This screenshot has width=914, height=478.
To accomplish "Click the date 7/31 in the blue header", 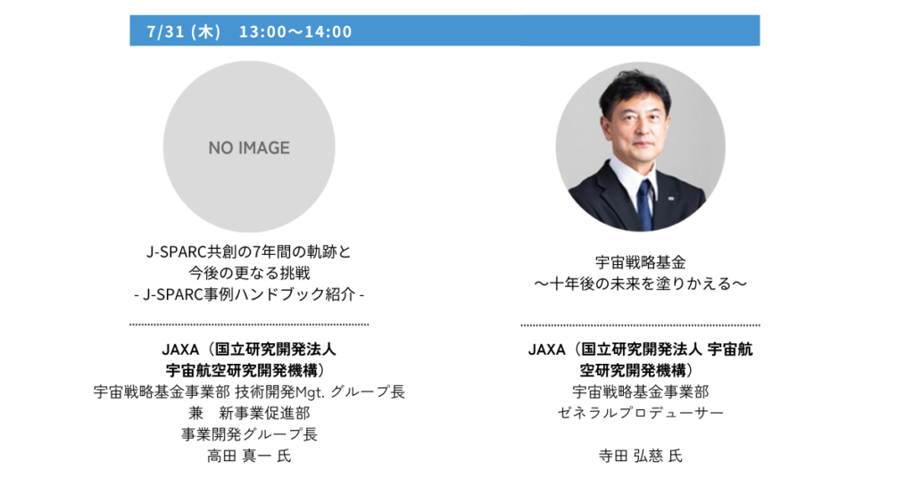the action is pyautogui.click(x=165, y=31).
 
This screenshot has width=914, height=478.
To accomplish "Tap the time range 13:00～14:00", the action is pyautogui.click(x=295, y=31).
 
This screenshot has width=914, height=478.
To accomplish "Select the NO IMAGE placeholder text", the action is pyautogui.click(x=249, y=148).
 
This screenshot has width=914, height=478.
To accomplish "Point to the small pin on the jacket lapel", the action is pyautogui.click(x=671, y=199).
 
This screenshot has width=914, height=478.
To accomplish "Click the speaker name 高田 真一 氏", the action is pyautogui.click(x=249, y=456).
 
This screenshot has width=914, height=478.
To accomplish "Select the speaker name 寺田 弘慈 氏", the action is pyautogui.click(x=640, y=456).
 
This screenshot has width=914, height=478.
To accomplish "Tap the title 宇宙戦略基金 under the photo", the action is pyautogui.click(x=640, y=262).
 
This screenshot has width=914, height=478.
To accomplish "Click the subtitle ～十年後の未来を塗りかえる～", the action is pyautogui.click(x=640, y=284).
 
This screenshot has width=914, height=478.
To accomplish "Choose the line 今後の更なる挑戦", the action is pyautogui.click(x=249, y=273).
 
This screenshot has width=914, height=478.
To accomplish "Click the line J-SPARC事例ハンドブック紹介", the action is pyautogui.click(x=249, y=294).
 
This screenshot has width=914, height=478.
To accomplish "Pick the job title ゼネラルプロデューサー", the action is pyautogui.click(x=640, y=413).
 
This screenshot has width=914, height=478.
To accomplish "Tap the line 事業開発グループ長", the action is pyautogui.click(x=249, y=434).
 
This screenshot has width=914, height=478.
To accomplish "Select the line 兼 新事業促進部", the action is pyautogui.click(x=249, y=414).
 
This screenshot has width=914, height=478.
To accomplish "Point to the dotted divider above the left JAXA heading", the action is pyautogui.click(x=249, y=325).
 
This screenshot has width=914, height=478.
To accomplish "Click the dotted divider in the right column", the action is pyautogui.click(x=640, y=325).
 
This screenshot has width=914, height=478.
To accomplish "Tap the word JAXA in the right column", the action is pyautogui.click(x=547, y=350).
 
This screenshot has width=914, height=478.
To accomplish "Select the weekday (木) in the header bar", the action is pyautogui.click(x=206, y=31).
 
